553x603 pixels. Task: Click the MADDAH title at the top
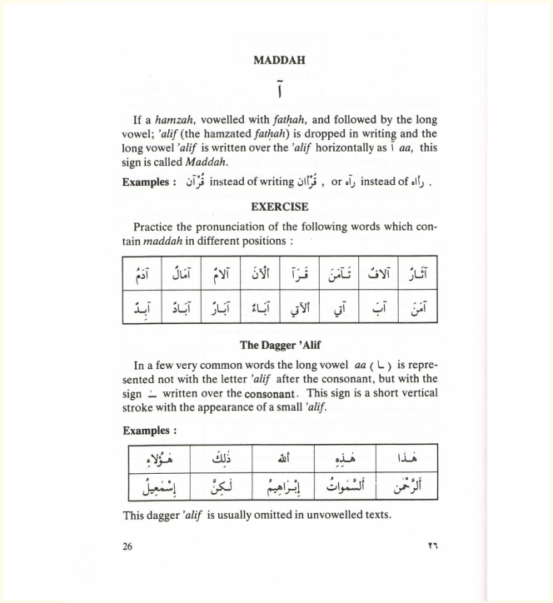[x=279, y=61]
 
